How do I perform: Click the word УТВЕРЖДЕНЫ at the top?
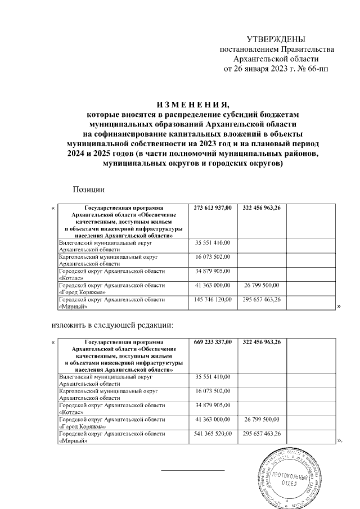tap(276, 39)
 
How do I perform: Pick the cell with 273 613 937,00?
tap(213, 208)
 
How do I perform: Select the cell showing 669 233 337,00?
tap(213, 342)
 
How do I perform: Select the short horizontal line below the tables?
tap(193, 469)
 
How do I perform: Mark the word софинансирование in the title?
tap(130, 133)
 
